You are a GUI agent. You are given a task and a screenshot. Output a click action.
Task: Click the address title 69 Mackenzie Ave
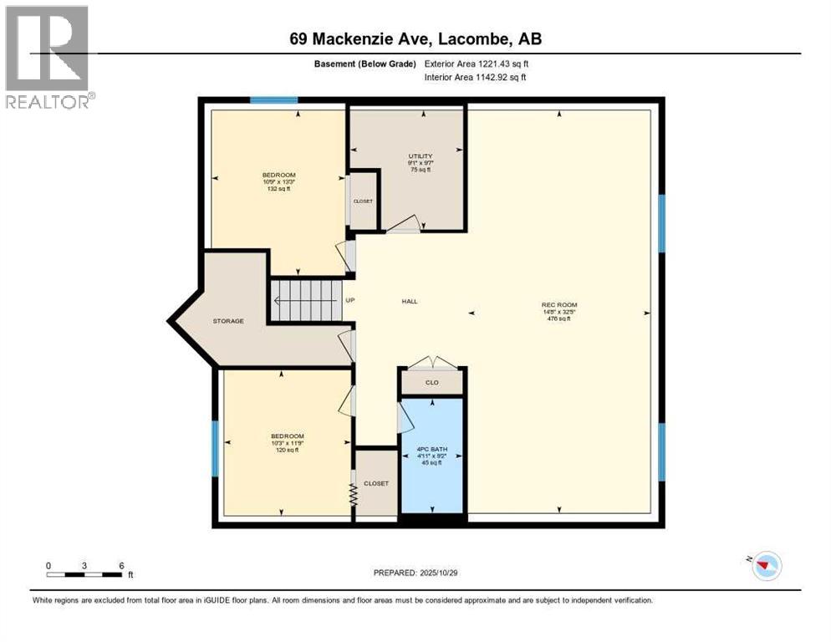(415, 39)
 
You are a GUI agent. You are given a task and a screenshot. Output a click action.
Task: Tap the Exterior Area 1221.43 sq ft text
(477, 64)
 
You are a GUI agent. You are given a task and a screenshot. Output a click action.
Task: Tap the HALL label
(409, 302)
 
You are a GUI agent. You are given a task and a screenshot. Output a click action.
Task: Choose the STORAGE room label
(227, 321)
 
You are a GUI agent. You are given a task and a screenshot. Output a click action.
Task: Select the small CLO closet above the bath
(431, 382)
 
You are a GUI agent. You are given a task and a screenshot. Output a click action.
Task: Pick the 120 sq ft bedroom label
(287, 443)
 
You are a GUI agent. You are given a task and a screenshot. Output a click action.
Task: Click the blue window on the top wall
(274, 100)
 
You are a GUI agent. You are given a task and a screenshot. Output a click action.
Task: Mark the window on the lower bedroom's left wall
(215, 448)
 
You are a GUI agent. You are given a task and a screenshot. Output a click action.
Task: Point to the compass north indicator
(765, 566)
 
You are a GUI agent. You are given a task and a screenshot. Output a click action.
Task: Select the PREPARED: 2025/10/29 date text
(415, 573)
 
